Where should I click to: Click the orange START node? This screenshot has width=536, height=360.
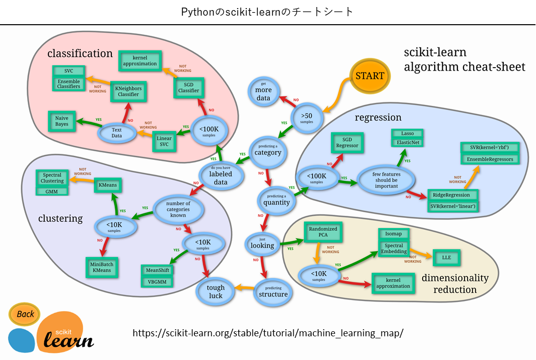pyautogui.click(x=369, y=76)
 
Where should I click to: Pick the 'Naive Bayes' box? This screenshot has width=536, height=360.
pyautogui.click(x=62, y=121)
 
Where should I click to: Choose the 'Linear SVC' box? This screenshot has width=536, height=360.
pyautogui.click(x=164, y=142)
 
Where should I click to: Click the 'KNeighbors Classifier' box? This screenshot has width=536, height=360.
pyautogui.click(x=128, y=91)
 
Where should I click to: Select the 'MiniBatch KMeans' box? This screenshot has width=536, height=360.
pyautogui.click(x=102, y=267)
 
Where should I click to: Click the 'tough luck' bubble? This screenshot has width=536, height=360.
pyautogui.click(x=216, y=291)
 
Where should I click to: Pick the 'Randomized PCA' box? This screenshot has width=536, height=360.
pyautogui.click(x=323, y=232)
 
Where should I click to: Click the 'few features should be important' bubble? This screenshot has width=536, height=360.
pyautogui.click(x=386, y=180)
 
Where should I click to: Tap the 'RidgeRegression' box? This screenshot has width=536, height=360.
pyautogui.click(x=452, y=195)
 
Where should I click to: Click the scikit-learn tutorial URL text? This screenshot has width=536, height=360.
pyautogui.click(x=268, y=333)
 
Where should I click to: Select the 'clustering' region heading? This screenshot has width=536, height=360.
pyautogui.click(x=60, y=218)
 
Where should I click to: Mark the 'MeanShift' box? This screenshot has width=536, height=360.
pyautogui.click(x=158, y=270)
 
